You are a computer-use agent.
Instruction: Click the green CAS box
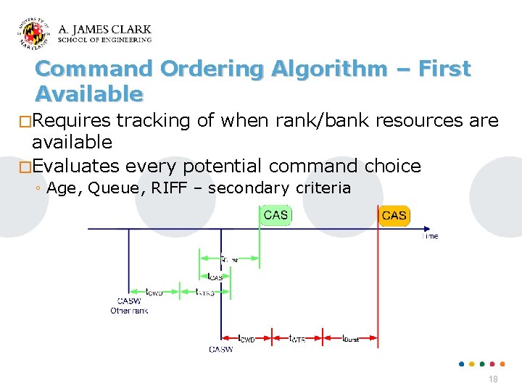pos(275,215)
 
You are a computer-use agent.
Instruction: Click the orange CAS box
pos(394,215)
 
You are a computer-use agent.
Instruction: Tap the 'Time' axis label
pos(430,236)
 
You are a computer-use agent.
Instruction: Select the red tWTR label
pos(297,338)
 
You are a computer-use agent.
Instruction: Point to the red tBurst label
pos(351,338)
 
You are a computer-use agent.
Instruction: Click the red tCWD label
pos(246,338)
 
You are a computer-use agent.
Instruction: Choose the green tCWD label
pos(154,293)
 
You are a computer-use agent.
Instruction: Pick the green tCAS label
pos(215,276)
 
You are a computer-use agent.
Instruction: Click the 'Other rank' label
pos(129,311)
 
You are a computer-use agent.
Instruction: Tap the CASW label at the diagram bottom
pos(221,350)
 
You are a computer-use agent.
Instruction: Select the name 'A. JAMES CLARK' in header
pos(104,30)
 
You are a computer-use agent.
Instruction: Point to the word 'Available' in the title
pos(88,94)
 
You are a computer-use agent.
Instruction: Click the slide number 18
pos(493,380)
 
